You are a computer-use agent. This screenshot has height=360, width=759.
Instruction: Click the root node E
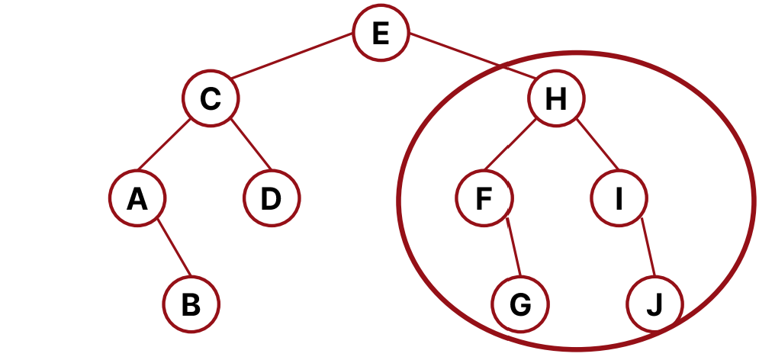click(x=381, y=34)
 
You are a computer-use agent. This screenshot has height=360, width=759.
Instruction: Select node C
click(x=211, y=99)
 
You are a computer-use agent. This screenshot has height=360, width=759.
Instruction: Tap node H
click(x=556, y=99)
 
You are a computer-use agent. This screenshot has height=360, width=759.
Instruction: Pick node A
click(x=137, y=199)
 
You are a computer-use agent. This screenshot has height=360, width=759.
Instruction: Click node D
click(x=272, y=199)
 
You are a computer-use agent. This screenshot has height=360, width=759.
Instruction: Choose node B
click(x=191, y=304)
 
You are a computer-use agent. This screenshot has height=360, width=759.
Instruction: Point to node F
click(x=484, y=199)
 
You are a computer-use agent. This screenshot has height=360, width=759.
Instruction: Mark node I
click(x=619, y=199)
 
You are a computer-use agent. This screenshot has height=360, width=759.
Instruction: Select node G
click(x=520, y=304)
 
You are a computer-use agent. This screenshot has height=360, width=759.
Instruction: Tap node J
click(x=654, y=304)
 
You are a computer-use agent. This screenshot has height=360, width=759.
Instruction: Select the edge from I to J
click(x=648, y=248)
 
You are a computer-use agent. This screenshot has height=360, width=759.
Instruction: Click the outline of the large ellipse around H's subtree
click(x=400, y=200)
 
